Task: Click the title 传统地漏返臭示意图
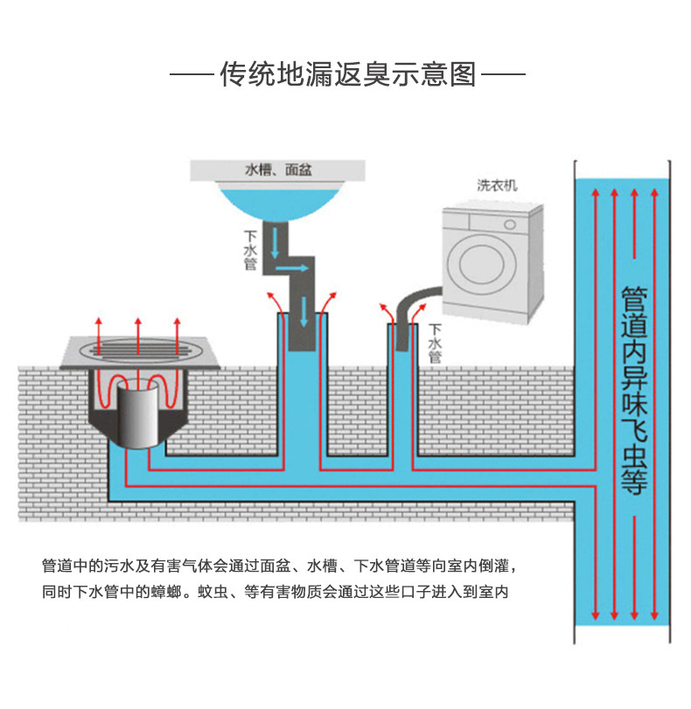[x=347, y=74]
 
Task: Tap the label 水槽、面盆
[x=278, y=170]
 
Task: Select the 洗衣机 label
[x=497, y=185]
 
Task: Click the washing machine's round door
[x=481, y=264]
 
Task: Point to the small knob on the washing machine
[x=510, y=225]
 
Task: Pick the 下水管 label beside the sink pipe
[x=250, y=250]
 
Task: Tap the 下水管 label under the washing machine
[x=435, y=344]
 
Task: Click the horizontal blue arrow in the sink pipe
[x=292, y=268]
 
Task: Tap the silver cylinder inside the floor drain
[x=137, y=414]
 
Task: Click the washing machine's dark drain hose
[x=413, y=314]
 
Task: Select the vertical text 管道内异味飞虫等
[x=633, y=390]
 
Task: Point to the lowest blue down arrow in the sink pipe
[x=304, y=312]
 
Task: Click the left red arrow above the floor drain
[x=99, y=337]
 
